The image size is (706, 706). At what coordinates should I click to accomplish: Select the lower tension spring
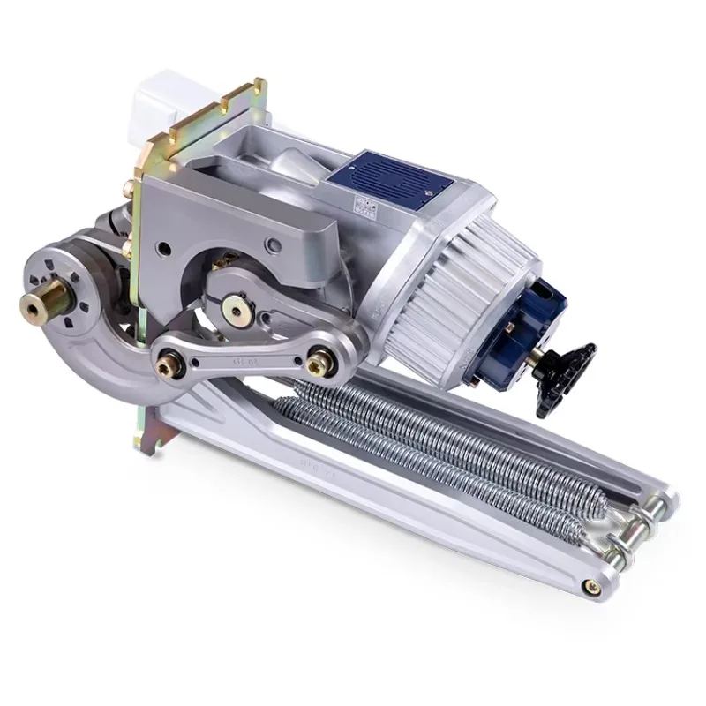point(424,459)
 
